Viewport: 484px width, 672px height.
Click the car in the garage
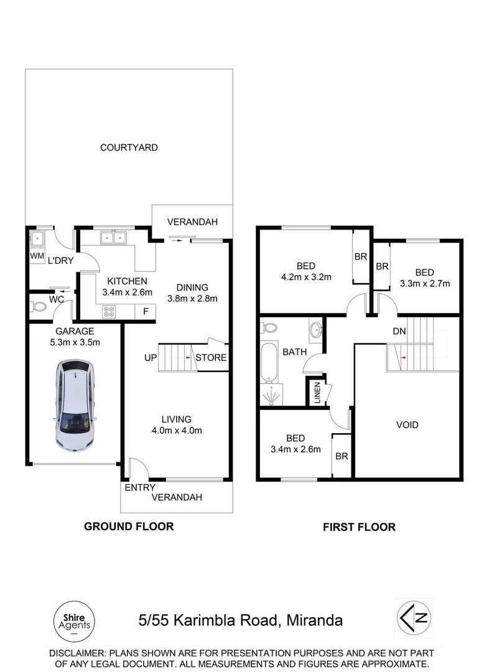tap(75, 405)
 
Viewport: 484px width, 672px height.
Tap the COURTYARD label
tap(129, 147)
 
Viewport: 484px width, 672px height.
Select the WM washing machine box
tap(37, 256)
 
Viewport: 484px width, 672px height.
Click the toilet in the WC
tap(39, 306)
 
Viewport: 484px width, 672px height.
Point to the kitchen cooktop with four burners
tap(109, 311)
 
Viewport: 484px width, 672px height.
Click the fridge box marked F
tap(146, 311)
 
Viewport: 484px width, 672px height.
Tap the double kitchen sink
tap(113, 238)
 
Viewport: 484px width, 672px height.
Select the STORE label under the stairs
tap(211, 358)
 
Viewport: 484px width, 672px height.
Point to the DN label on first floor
tap(399, 332)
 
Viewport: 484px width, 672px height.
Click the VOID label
tap(407, 425)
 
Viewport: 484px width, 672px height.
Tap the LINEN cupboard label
tap(317, 393)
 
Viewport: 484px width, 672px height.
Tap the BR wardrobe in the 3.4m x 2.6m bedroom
tap(342, 456)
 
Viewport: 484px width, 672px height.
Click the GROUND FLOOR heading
tap(129, 526)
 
